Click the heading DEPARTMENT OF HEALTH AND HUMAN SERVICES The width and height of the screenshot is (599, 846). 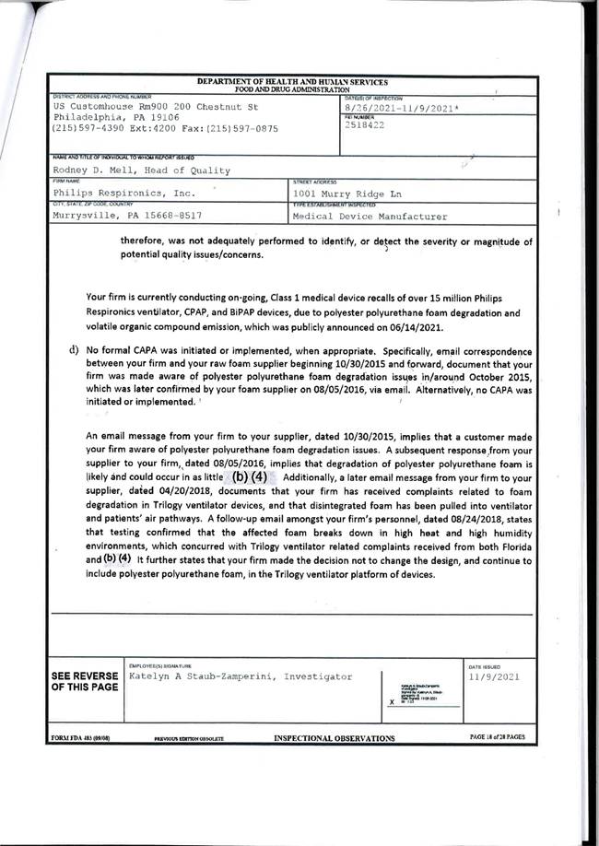pos(292,83)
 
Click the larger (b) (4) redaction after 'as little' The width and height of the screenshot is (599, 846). pos(249,477)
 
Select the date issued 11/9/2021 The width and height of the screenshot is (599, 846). pos(496,676)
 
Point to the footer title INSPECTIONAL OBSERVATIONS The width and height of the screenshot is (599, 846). pos(335,738)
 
